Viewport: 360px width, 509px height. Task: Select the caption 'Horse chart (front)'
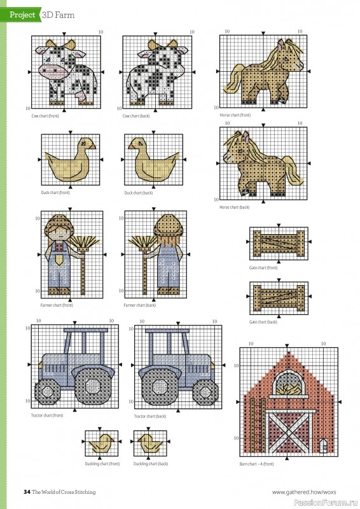coord(235,115)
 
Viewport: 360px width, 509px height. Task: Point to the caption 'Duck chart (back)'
coord(139,193)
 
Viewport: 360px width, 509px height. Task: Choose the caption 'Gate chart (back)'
coord(263,322)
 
